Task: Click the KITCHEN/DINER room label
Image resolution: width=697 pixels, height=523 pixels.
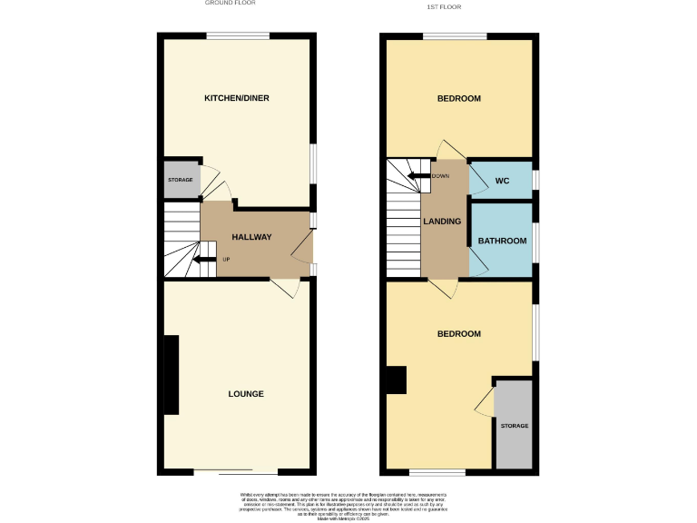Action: [x=236, y=98]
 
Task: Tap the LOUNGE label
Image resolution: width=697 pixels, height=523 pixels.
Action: [x=246, y=394]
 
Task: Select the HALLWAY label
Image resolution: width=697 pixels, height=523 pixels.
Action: [x=251, y=237]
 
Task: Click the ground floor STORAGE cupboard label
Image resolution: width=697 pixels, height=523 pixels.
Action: [x=180, y=180]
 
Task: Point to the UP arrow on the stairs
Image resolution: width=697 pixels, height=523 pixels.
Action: [x=208, y=261]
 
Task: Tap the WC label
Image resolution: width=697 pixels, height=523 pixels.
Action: [x=502, y=181]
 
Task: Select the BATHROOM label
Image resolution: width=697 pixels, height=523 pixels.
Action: [x=502, y=241]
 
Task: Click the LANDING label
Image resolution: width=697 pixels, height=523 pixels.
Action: [x=442, y=222]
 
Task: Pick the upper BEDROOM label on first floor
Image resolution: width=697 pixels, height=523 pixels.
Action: [x=458, y=98]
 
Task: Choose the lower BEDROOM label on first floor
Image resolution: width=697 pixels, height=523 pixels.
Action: [x=458, y=334]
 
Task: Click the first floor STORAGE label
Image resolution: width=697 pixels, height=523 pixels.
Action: [x=514, y=426]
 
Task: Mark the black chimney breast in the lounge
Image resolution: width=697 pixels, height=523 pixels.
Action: [x=171, y=374]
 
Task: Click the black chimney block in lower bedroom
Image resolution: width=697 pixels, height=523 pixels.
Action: [x=396, y=380]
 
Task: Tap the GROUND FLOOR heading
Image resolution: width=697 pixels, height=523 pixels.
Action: [x=230, y=4]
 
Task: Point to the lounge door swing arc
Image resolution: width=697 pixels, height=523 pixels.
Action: [x=289, y=289]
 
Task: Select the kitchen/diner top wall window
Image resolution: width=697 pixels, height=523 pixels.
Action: [x=237, y=36]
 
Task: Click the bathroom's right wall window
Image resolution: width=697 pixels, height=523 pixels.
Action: [x=535, y=241]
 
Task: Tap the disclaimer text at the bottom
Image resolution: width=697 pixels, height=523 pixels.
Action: [x=349, y=505]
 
